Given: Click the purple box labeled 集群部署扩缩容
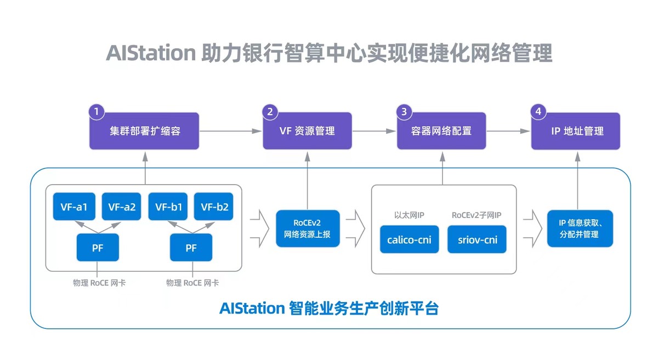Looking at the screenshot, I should tap(145, 131).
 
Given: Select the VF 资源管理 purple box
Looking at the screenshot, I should tap(307, 131).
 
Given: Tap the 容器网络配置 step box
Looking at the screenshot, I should tap(441, 131).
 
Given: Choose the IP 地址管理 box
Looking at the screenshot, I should tap(576, 131).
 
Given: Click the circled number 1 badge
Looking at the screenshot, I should tap(97, 112).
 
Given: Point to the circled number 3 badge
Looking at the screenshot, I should tap(404, 112).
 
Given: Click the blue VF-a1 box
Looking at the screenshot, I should tap(74, 207).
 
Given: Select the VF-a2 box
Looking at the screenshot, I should tap(122, 207).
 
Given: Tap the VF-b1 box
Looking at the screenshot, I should tap(168, 207).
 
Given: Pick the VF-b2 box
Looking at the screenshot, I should tap(214, 207).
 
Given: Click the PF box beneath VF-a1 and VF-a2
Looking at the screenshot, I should tap(98, 247).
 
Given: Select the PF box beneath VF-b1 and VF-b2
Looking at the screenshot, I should tap(191, 247).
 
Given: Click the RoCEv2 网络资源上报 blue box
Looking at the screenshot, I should tap(308, 229).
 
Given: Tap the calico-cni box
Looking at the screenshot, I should tap(410, 239).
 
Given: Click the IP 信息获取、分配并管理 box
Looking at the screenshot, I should tap(580, 228).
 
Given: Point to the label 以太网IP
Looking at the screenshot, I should tap(409, 215).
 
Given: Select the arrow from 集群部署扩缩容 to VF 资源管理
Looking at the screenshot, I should tap(231, 131).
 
